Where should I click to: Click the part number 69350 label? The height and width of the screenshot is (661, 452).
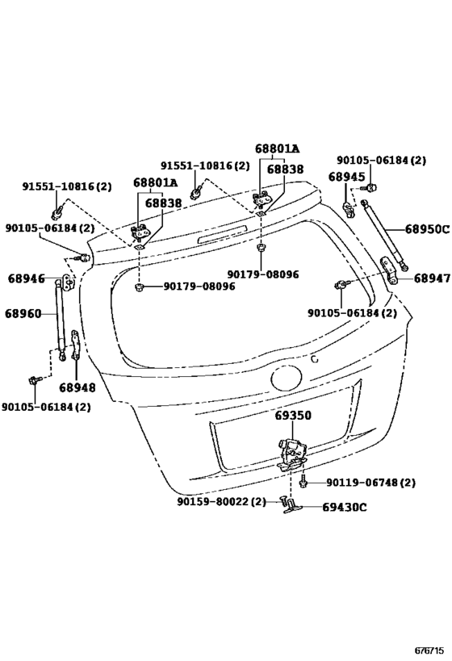point(293,416)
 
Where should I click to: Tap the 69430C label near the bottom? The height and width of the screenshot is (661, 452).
point(345,507)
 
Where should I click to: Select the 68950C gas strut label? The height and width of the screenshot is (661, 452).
point(428,229)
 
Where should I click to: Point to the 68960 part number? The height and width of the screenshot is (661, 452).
point(23,314)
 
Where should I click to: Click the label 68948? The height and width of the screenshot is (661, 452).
point(77,387)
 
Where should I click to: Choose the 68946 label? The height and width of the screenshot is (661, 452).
point(26,278)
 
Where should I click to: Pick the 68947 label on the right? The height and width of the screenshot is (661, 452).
point(432,278)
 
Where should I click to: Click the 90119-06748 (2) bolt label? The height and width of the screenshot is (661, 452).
point(370,483)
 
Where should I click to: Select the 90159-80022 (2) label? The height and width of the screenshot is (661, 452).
point(221,502)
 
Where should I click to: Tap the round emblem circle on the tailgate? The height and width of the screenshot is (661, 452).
point(287,379)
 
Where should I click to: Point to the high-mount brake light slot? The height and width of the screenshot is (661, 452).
point(223,235)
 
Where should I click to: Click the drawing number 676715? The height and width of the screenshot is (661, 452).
point(430,651)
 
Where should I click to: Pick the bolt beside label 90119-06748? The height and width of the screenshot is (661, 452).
point(303,482)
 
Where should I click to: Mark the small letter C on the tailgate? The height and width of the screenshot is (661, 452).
point(314,358)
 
